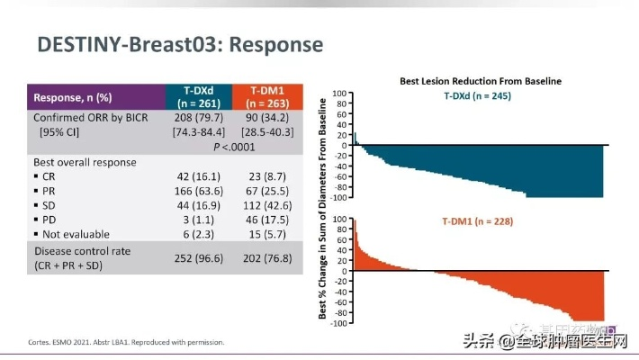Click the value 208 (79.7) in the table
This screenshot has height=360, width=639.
(x=198, y=118)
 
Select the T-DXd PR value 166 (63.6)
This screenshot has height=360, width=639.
(x=198, y=192)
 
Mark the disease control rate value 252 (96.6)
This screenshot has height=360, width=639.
(x=198, y=257)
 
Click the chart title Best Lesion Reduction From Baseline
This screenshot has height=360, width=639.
(x=481, y=81)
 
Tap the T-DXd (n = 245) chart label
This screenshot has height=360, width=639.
(x=477, y=95)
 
